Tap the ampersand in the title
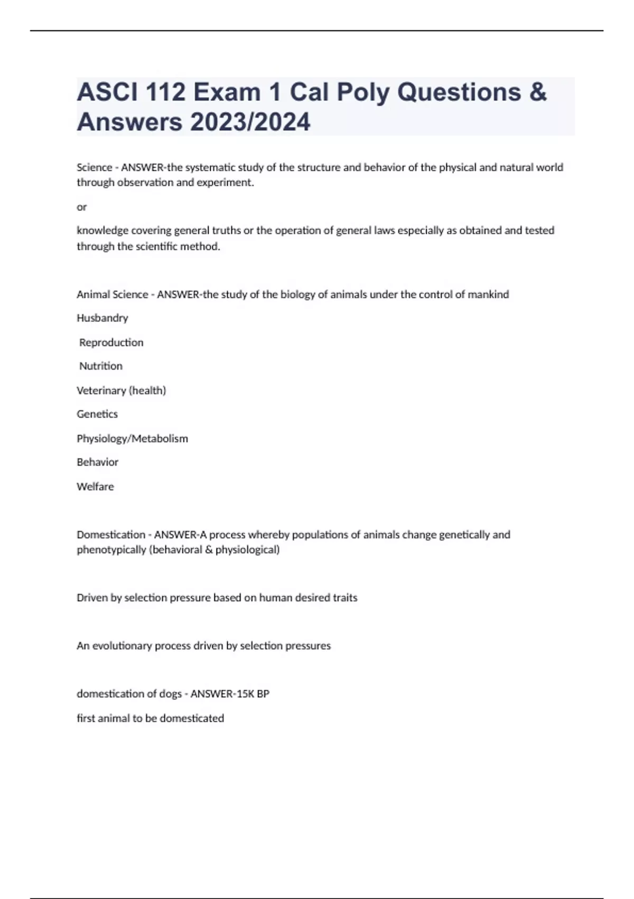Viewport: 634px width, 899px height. tap(537, 92)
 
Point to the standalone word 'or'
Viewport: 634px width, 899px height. tap(81, 207)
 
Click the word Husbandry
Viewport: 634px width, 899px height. tap(102, 318)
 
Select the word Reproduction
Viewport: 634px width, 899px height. tap(111, 342)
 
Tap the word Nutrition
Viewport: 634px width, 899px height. tap(100, 366)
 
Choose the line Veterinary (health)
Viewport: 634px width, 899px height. tap(121, 390)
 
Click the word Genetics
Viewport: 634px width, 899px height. tap(97, 414)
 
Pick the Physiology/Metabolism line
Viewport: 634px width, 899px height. tap(132, 438)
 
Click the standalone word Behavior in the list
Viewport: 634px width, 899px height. tap(97, 462)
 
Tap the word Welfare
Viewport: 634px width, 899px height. tap(95, 487)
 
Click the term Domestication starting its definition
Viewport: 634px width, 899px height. tap(110, 535)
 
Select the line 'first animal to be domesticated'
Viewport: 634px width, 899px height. tap(150, 718)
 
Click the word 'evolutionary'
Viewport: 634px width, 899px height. tap(122, 646)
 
